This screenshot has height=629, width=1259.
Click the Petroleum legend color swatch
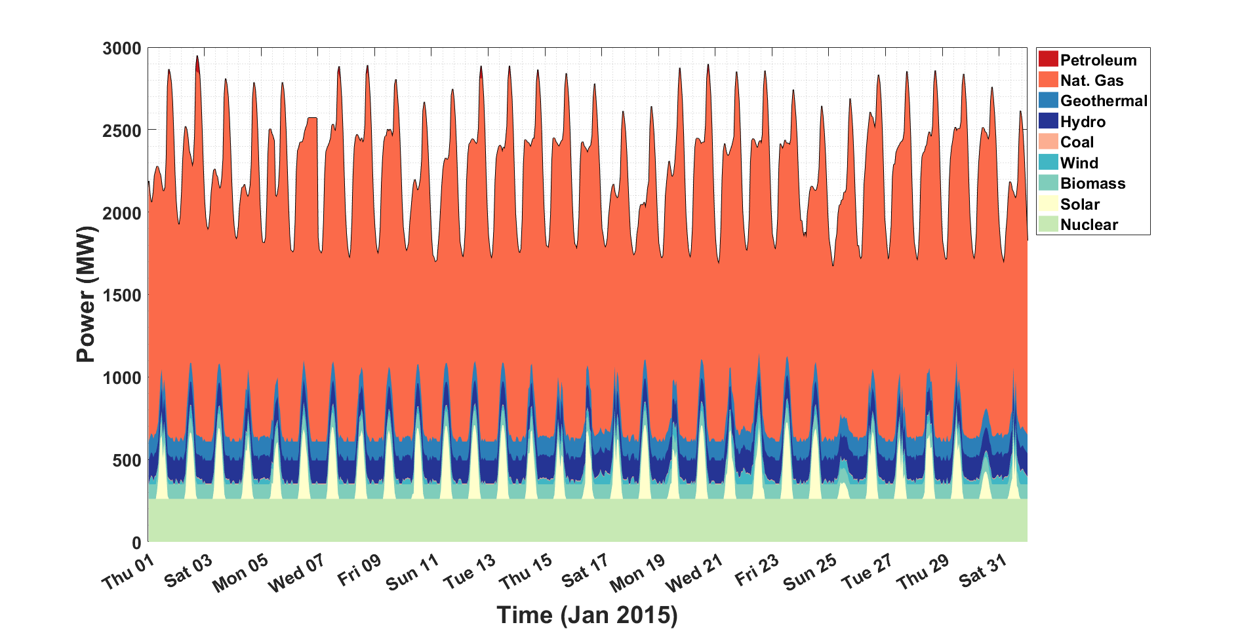(1048, 60)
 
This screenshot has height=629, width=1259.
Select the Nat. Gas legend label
(1092, 81)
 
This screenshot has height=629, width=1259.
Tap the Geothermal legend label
(1104, 101)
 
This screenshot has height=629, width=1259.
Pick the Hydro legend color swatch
(1048, 121)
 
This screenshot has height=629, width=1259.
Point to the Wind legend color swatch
(1048, 162)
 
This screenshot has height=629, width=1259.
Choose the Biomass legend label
(1092, 183)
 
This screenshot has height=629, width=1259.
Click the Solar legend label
(1080, 204)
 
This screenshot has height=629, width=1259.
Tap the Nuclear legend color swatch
(1048, 224)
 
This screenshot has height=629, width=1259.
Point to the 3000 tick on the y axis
(122, 48)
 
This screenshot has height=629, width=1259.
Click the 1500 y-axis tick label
(122, 295)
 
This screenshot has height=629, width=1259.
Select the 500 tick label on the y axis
(127, 461)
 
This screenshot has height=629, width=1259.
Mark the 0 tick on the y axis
(136, 543)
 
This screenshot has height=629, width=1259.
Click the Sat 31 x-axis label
(982, 569)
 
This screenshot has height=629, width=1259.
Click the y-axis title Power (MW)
(86, 294)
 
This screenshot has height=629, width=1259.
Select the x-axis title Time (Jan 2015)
(587, 615)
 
